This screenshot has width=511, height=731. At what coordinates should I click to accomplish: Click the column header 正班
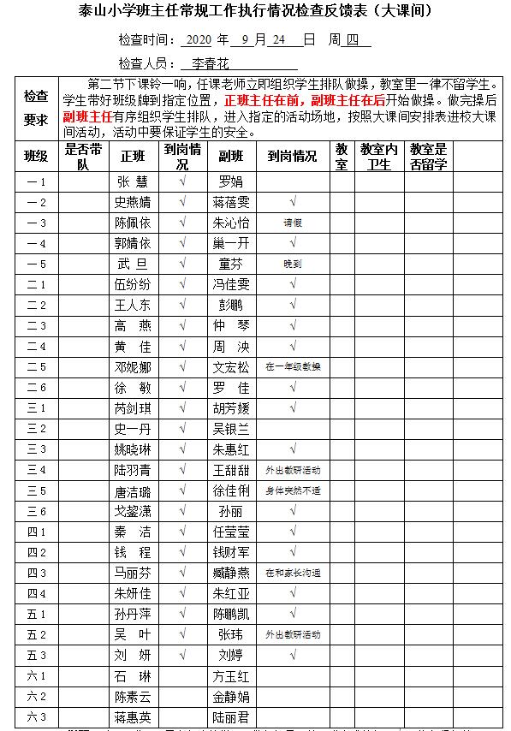click(x=134, y=157)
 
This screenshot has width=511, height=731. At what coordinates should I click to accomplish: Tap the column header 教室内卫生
click(x=379, y=157)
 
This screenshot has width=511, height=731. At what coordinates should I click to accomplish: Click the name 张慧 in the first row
click(x=133, y=181)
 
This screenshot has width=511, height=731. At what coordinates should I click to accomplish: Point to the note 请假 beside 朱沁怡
click(x=293, y=223)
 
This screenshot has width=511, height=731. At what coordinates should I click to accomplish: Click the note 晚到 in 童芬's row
click(x=293, y=264)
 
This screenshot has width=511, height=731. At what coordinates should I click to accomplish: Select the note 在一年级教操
click(x=293, y=366)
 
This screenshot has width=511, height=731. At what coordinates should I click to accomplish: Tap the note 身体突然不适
click(x=293, y=490)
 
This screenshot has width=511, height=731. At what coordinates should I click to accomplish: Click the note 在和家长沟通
click(x=293, y=573)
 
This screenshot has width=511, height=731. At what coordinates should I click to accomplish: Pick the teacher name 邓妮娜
click(x=133, y=366)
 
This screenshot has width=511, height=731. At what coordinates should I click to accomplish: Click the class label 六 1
click(x=37, y=675)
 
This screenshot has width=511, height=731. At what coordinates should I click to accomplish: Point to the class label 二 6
click(x=37, y=387)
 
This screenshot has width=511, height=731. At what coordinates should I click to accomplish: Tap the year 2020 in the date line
click(x=198, y=40)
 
